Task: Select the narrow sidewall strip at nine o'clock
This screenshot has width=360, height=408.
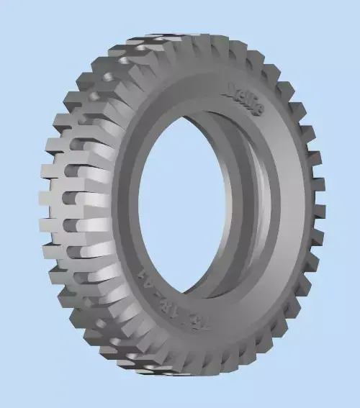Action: tap(122, 209)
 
